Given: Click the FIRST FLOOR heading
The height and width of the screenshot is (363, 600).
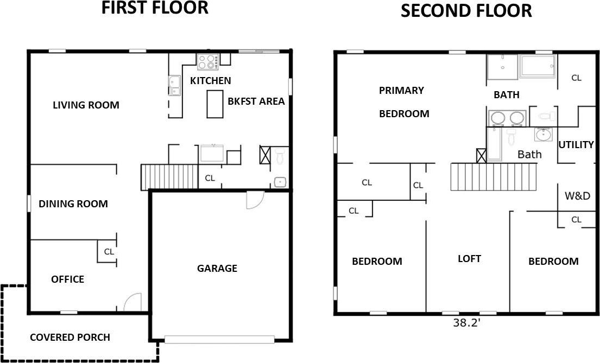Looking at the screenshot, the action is (155, 8).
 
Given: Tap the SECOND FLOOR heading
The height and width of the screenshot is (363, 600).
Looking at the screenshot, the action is (466, 11).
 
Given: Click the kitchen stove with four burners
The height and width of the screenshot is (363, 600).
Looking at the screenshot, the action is (208, 62).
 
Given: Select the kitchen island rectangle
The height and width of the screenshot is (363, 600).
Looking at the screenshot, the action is (215, 104).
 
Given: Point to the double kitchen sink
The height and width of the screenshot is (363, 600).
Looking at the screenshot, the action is (174, 86).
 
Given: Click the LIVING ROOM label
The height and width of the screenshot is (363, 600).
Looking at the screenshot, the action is (86, 105).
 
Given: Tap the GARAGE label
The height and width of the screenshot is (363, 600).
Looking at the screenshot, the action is (217, 269).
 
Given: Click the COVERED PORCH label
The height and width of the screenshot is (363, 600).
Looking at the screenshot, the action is (70, 337).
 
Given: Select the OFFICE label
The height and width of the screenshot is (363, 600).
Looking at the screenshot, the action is (68, 279).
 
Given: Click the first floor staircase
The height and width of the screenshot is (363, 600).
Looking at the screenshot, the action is (169, 177).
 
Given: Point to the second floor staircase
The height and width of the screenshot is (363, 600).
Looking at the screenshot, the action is (493, 177).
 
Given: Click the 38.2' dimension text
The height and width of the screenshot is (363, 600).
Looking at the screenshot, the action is (466, 323).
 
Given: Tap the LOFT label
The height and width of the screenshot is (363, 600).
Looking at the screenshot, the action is (470, 259).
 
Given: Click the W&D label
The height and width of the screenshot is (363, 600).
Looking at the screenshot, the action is (577, 196).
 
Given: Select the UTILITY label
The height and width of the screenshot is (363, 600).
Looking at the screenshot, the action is (576, 144).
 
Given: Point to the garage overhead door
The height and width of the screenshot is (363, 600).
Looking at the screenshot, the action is (219, 339).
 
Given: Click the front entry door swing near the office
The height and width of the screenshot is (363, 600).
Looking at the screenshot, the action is (133, 302).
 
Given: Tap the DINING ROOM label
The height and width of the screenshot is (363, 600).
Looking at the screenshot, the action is (73, 204).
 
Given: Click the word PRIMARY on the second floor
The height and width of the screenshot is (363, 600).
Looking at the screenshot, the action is (401, 90).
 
